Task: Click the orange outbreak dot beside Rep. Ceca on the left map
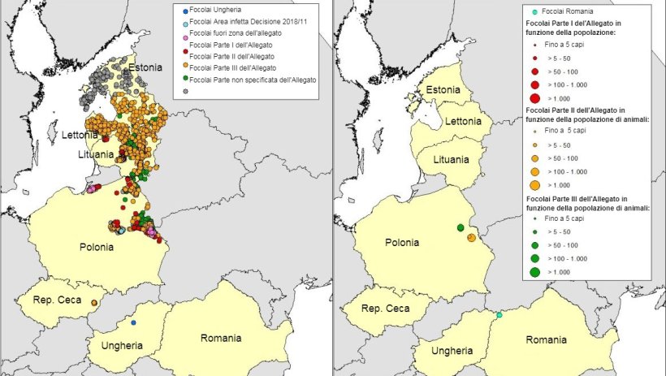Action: pyautogui.click(x=94, y=303)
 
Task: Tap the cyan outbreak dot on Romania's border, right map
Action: pyautogui.click(x=500, y=314)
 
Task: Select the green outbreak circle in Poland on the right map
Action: pyautogui.click(x=460, y=228)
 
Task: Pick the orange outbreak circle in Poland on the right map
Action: pyautogui.click(x=471, y=237)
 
